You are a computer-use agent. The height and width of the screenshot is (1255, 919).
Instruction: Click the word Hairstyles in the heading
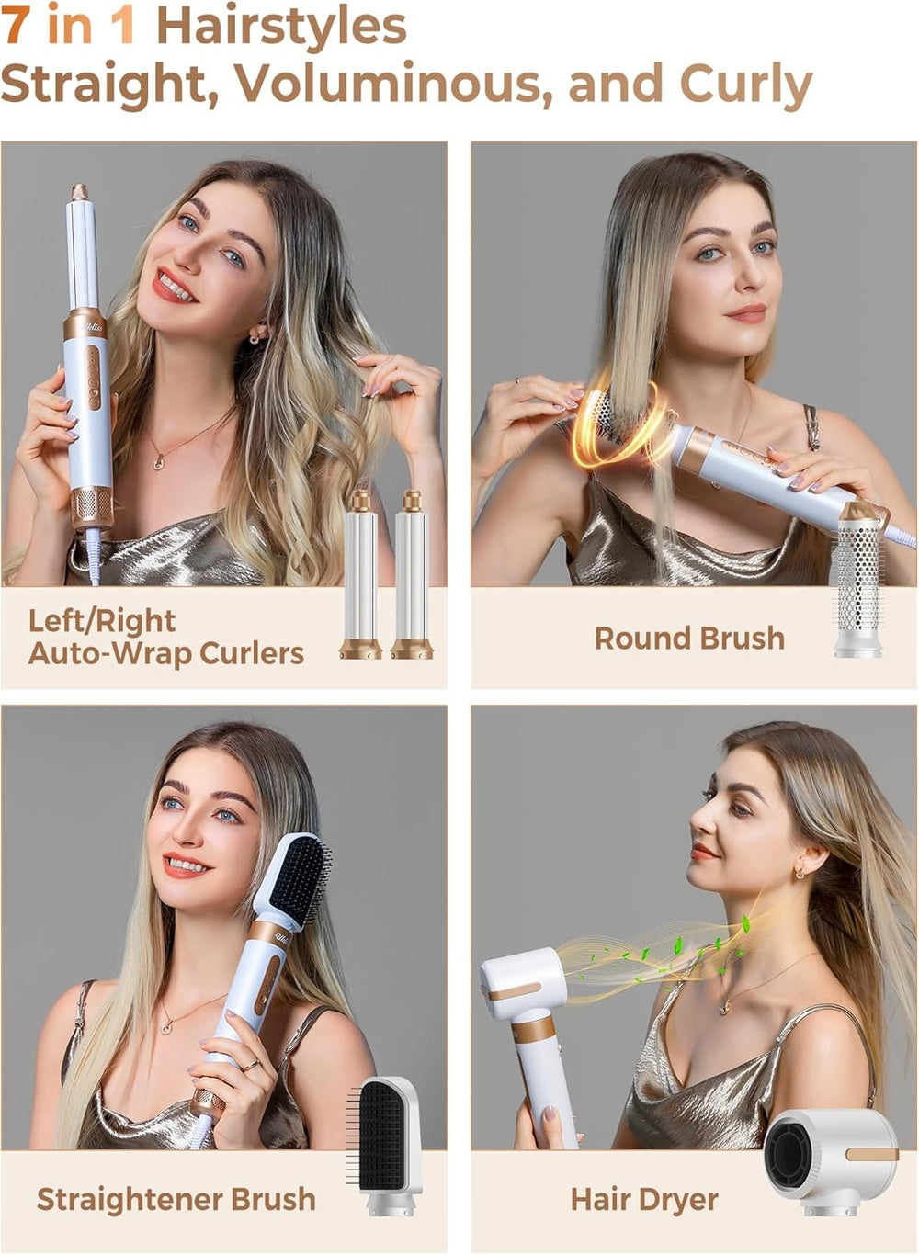tap(281, 28)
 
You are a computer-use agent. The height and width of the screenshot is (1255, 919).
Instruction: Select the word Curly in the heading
tap(745, 85)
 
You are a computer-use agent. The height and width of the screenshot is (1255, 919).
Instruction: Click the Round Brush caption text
tap(689, 638)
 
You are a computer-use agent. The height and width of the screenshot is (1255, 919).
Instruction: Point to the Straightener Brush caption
tap(176, 1199)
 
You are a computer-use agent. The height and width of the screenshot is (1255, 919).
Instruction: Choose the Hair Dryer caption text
tap(643, 1199)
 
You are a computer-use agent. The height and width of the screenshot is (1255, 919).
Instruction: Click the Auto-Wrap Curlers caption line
tap(165, 653)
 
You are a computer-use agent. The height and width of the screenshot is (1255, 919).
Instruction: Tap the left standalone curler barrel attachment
tap(360, 575)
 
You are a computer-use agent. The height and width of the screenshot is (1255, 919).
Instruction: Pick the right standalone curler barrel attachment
tap(411, 575)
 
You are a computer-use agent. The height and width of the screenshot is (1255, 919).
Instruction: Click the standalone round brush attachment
tap(857, 579)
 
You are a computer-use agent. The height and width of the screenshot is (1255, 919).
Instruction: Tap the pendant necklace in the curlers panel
tap(159, 462)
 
